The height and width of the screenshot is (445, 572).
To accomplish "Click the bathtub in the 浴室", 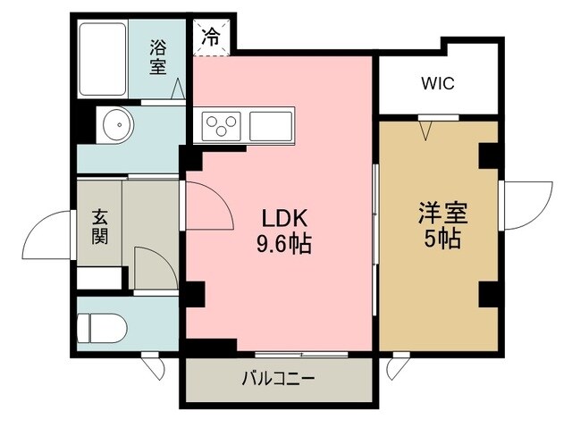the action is [x=103, y=59].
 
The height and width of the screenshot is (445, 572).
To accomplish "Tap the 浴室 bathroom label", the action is [x=158, y=57].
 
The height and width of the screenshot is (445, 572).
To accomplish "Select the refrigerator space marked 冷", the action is [x=212, y=38].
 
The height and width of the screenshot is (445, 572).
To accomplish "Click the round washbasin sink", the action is [x=119, y=124].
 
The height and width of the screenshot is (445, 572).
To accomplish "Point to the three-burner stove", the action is [x=222, y=125].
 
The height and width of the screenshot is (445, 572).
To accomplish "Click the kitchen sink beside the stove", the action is [x=271, y=126].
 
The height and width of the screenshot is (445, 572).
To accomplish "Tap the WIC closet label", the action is [x=438, y=83].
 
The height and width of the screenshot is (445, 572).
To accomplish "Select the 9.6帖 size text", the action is [x=284, y=244].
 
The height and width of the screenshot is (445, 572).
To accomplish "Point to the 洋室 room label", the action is [x=443, y=214].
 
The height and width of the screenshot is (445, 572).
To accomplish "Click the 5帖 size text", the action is [x=442, y=239].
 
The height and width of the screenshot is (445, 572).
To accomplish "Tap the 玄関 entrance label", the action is [x=99, y=226].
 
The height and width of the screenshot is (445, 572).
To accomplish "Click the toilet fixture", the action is [x=102, y=328].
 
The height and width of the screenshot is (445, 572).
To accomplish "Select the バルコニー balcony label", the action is [x=278, y=379].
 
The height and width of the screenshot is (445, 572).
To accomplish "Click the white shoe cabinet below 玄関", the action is [x=99, y=278].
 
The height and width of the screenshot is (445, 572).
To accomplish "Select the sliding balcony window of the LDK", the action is [x=301, y=354].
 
